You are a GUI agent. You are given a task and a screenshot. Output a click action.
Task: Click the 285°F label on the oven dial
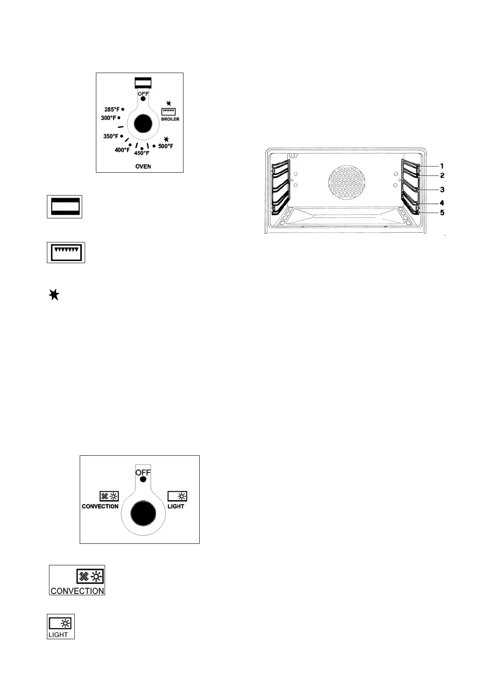[x=112, y=110]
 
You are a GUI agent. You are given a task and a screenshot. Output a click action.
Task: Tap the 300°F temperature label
[x=108, y=118]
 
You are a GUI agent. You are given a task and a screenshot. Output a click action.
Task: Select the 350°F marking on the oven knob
[x=111, y=136]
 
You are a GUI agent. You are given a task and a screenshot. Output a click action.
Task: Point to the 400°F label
[x=122, y=150]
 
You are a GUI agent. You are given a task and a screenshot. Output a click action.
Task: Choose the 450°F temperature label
[x=141, y=153]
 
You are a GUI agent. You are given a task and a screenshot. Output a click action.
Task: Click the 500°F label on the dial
[x=166, y=146]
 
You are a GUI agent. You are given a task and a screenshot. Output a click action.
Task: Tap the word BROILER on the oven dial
[x=170, y=119]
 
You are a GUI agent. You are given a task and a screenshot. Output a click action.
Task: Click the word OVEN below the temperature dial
[x=143, y=166]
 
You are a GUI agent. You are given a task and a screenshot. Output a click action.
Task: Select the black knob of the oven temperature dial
[x=143, y=124]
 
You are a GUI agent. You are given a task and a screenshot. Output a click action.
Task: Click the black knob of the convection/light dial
[x=143, y=514]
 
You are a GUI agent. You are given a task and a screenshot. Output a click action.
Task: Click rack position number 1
[x=442, y=166]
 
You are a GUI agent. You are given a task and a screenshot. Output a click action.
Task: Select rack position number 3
[x=442, y=189]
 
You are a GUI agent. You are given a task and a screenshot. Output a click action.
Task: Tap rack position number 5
[x=442, y=213]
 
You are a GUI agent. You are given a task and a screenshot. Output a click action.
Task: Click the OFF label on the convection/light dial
[x=143, y=472]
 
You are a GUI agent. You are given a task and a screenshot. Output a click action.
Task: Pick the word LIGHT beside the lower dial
[x=176, y=506]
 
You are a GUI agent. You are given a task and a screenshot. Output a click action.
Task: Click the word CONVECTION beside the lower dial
[x=100, y=506]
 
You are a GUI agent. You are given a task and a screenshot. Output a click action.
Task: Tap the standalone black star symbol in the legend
[x=54, y=295]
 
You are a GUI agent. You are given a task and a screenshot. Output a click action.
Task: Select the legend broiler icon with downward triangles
[x=66, y=252]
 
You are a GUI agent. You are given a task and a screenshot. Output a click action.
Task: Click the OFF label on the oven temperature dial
[x=143, y=94]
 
